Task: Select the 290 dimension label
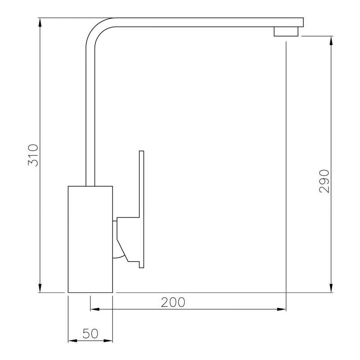pyautogui.click(x=324, y=181)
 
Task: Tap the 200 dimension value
pyautogui.click(x=173, y=302)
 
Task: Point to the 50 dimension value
pyautogui.click(x=90, y=333)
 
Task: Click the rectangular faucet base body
pyautogui.click(x=90, y=239)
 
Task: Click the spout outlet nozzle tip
pyautogui.click(x=286, y=31)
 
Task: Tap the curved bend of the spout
pyautogui.click(x=95, y=29)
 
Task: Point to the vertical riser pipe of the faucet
pyautogui.click(x=90, y=112)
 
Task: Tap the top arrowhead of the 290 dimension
pyautogui.click(x=332, y=39)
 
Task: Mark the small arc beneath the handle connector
pyautogui.click(x=117, y=256)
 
